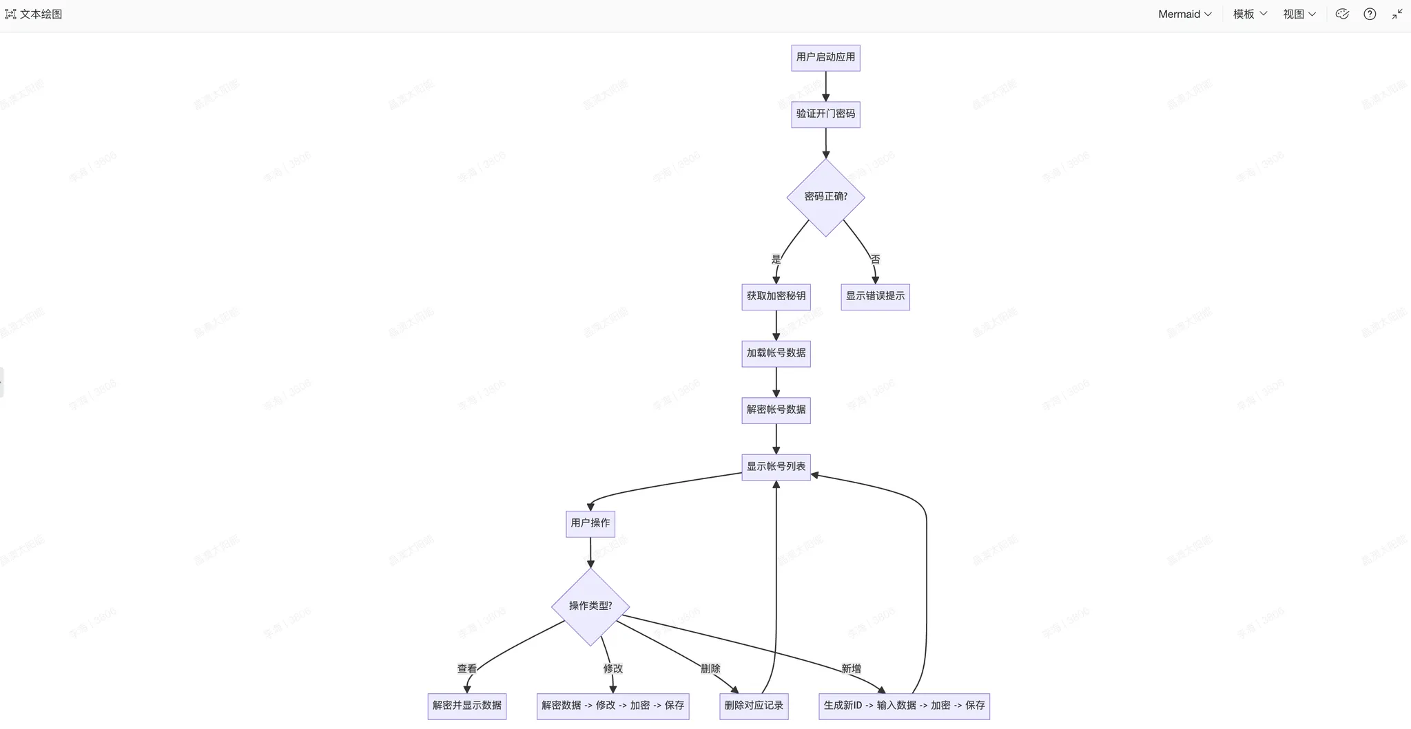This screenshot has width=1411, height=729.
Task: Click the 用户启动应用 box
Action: [x=825, y=57]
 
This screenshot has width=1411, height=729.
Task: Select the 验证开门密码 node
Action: [x=825, y=114]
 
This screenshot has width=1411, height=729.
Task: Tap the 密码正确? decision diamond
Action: [x=825, y=197]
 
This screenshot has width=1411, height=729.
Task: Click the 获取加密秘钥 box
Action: [x=776, y=296]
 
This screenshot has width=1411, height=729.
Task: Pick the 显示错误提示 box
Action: [x=875, y=296]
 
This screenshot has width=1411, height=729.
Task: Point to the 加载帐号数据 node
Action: [x=776, y=353]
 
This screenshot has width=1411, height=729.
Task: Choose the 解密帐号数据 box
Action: [x=776, y=410]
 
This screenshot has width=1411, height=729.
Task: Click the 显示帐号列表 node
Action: [x=776, y=467]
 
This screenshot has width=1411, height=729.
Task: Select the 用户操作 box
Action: [x=590, y=523]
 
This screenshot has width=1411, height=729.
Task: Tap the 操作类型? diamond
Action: [x=590, y=606]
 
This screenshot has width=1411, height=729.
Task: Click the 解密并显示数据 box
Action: [x=467, y=706]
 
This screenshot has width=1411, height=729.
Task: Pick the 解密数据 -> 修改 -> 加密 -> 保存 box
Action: [x=612, y=706]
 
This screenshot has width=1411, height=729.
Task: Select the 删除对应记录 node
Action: [x=754, y=706]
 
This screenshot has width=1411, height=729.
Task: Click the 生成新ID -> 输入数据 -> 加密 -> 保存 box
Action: [x=904, y=706]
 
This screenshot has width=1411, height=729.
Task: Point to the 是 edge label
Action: [x=776, y=260]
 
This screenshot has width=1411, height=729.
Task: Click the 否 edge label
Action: [x=875, y=260]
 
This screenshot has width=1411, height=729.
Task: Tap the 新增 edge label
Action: [x=851, y=668]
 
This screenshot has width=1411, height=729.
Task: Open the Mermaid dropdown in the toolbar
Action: [x=1184, y=14]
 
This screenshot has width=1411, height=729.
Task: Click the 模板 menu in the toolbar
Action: [x=1250, y=14]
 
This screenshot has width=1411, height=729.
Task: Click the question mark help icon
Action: [x=1370, y=14]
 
